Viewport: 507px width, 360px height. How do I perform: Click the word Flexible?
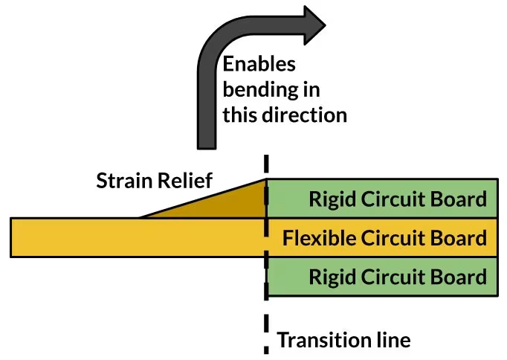pyautogui.click(x=319, y=239)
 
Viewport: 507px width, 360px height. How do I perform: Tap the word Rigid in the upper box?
pyautogui.click(x=329, y=199)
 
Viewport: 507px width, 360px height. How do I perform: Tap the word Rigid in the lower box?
pyautogui.click(x=329, y=278)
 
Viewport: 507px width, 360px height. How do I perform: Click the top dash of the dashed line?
pyautogui.click(x=266, y=164)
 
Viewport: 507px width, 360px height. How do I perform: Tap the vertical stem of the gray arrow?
pyautogui.click(x=205, y=112)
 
